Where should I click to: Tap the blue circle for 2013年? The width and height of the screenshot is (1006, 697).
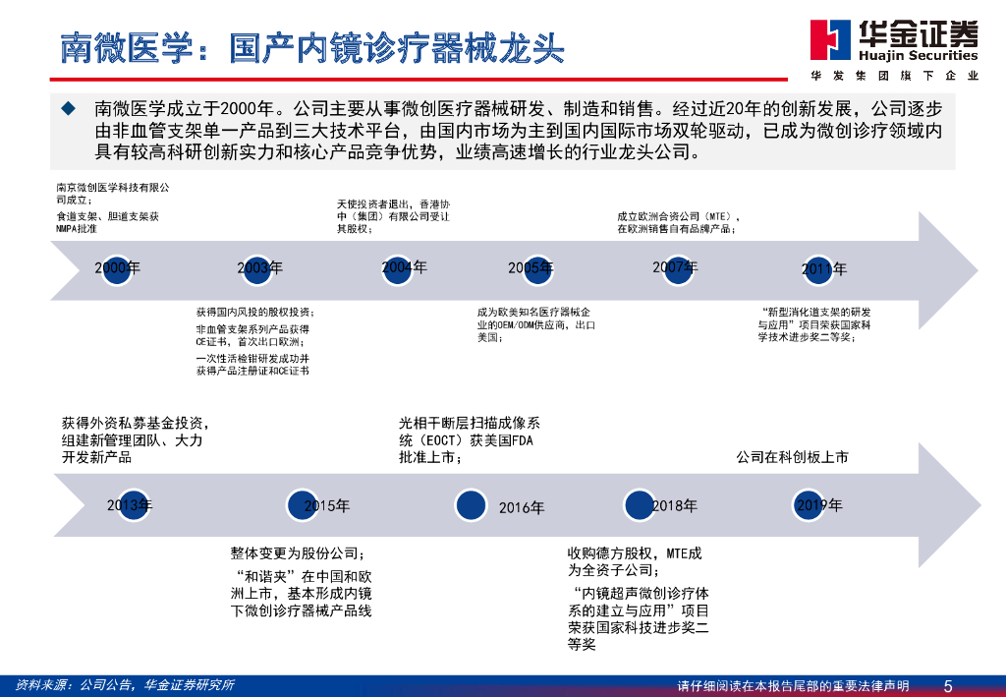point(132,506)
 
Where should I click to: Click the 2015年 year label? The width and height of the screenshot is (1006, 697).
point(327,506)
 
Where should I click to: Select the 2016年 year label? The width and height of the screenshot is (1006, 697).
point(522,507)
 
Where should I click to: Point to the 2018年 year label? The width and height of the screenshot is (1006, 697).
point(675,505)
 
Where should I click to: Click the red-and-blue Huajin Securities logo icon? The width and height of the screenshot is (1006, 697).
point(830,40)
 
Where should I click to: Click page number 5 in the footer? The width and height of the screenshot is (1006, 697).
point(947,685)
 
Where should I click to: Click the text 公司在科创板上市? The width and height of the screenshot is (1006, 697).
point(793,457)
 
